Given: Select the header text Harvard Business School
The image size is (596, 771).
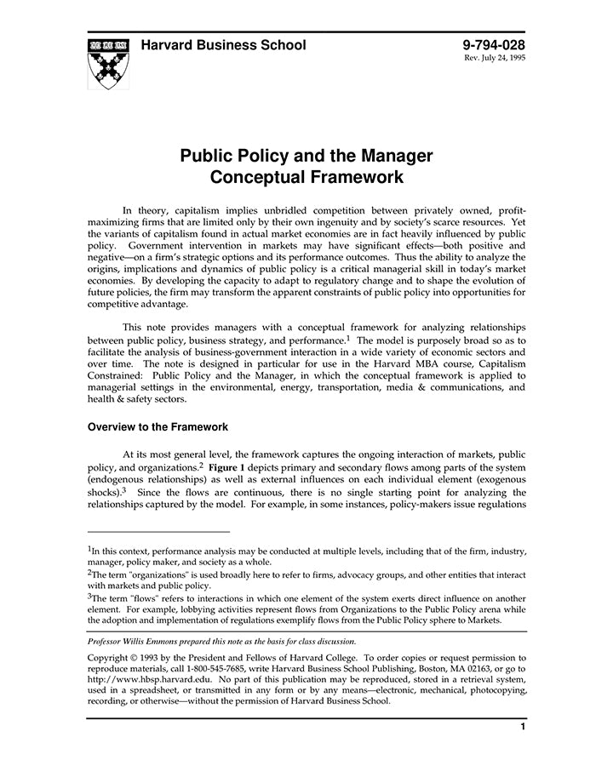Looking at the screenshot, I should click(x=223, y=46).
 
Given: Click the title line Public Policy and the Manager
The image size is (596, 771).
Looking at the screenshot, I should click(x=306, y=157).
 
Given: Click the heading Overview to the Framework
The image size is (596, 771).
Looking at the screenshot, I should click(x=158, y=427).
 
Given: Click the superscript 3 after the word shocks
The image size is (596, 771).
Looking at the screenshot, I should click(x=123, y=489).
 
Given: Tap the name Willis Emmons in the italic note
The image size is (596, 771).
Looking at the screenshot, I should click(x=159, y=641).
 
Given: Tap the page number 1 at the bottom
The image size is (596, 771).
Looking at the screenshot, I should click(x=521, y=728).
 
